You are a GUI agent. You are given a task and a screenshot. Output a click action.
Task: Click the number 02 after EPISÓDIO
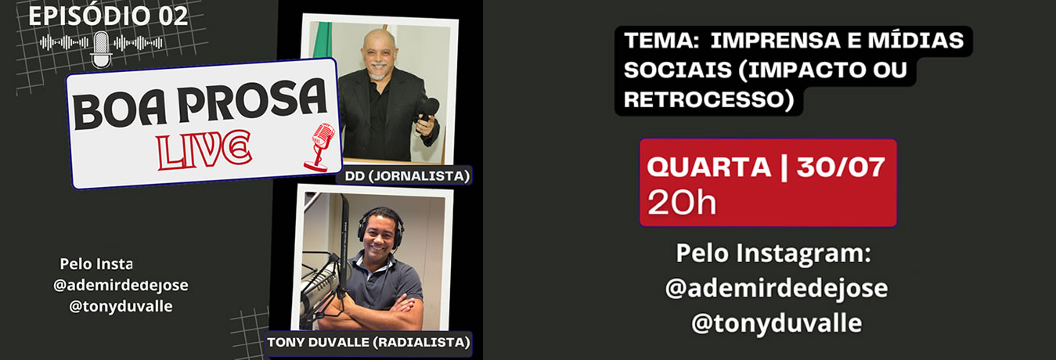tap(173, 16)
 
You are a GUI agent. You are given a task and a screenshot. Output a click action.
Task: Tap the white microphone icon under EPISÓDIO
tap(101, 49)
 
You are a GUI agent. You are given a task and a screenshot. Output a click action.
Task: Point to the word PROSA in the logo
tap(253, 100)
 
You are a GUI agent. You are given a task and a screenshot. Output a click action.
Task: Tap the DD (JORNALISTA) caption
tap(407, 176)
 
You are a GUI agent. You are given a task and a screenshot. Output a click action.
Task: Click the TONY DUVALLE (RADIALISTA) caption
tap(368, 342)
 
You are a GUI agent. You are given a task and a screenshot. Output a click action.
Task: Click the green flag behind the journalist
tap(323, 40)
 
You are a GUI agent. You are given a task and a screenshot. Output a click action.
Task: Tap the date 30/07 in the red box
tap(841, 167)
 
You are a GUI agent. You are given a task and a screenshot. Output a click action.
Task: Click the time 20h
tap(682, 203)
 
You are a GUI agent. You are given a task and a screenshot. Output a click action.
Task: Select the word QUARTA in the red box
tap(708, 167)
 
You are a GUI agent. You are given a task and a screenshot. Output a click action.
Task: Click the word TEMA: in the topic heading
tap(661, 41)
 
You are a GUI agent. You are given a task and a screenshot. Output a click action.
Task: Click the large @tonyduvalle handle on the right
tap(777, 324)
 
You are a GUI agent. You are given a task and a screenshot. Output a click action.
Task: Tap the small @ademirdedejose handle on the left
tap(121, 285)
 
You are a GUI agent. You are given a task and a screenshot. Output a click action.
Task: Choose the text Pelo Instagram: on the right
tap(773, 254)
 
